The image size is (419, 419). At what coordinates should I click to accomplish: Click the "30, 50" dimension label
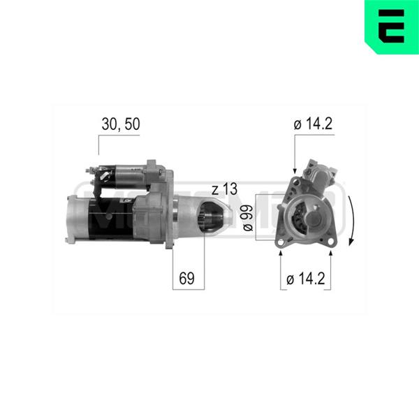click(121, 124)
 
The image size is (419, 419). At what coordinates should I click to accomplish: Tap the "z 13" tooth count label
click(224, 189)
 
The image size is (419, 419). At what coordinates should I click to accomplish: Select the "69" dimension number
click(186, 278)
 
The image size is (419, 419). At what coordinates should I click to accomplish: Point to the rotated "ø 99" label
click(248, 218)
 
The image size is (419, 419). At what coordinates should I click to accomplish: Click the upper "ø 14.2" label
click(313, 124)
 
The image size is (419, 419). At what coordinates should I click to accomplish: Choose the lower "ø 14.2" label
click(306, 279)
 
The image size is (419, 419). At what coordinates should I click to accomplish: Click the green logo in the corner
click(392, 27)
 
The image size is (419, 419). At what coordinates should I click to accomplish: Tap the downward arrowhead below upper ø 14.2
click(295, 171)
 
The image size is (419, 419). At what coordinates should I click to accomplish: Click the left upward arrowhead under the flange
click(281, 253)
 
